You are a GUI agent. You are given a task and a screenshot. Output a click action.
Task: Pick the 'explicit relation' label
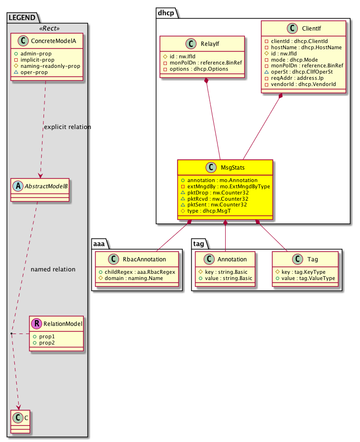(x=67, y=127)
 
